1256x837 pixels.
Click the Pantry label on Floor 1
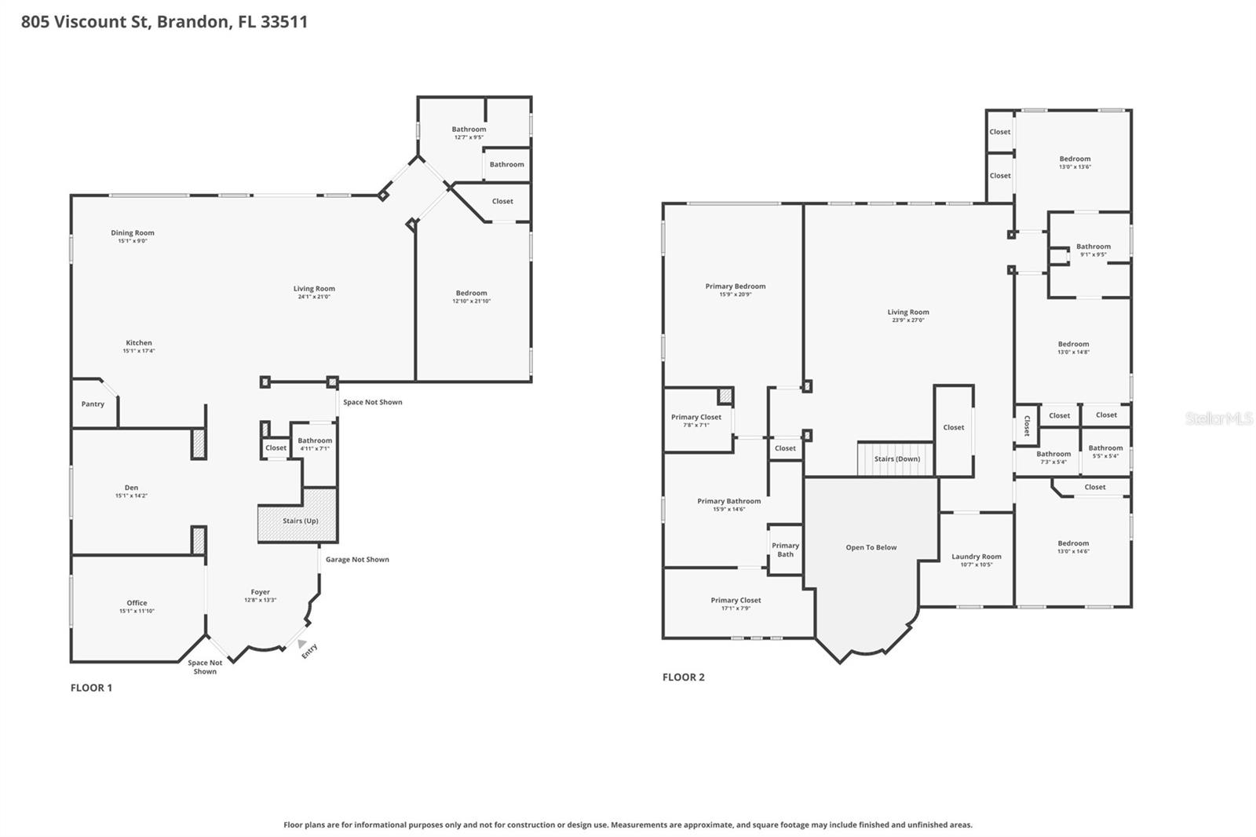[93, 404]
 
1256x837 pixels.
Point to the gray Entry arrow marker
[302, 644]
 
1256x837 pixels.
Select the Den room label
[131, 488]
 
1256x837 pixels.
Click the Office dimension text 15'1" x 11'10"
[137, 611]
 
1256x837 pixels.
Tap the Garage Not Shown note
[357, 560]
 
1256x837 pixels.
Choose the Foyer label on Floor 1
[260, 592]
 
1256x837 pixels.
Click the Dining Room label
[133, 232]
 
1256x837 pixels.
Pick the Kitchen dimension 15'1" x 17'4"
[139, 351]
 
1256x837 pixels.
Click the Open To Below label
[871, 547]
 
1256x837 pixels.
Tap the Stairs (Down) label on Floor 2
[896, 459]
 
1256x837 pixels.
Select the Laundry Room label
[976, 557]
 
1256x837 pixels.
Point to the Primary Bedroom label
[735, 287]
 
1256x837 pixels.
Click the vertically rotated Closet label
[1026, 426]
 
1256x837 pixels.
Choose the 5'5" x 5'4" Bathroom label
[1105, 448]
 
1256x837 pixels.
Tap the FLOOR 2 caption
[683, 677]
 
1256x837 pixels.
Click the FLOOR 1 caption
[91, 688]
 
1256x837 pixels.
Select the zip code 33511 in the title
[283, 21]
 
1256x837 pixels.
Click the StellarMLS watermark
[1218, 419]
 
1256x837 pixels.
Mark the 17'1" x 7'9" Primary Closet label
[736, 601]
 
